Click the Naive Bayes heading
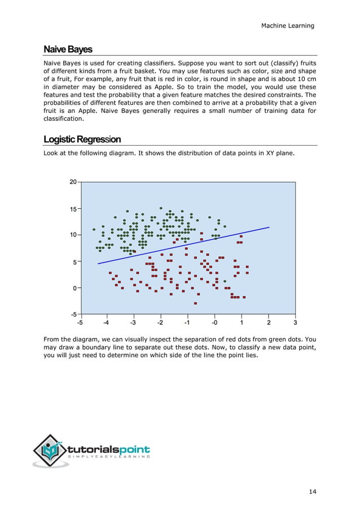[68, 50]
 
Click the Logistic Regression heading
[82, 139]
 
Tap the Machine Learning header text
[288, 25]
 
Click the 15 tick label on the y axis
[73, 208]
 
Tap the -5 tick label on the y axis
[73, 314]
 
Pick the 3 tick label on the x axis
[295, 323]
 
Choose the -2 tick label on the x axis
[160, 323]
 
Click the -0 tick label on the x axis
[214, 323]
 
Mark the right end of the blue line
[269, 227]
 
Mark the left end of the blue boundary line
[98, 264]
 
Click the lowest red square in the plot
[196, 303]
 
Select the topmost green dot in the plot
[161, 208]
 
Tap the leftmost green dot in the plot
[94, 230]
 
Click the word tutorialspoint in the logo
[109, 449]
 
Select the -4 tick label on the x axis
[106, 323]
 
